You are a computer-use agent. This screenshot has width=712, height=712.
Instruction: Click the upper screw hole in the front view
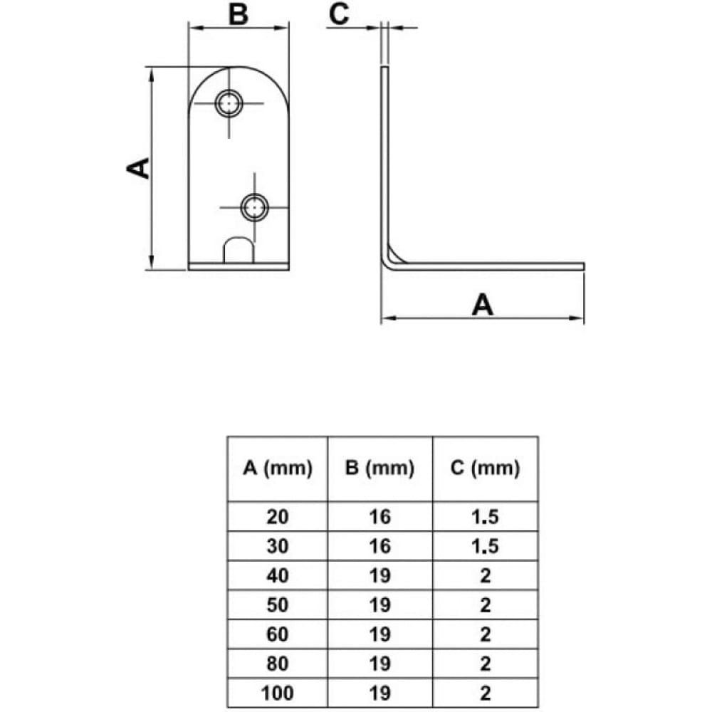click(x=229, y=103)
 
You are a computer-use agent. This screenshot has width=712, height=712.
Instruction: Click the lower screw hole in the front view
click(x=254, y=207)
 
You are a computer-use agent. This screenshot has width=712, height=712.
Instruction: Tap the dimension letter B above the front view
click(x=239, y=14)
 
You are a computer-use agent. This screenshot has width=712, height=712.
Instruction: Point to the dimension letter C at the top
click(x=339, y=14)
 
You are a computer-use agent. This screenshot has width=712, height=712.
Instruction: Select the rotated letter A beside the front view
click(x=138, y=168)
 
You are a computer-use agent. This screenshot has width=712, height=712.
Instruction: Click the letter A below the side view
click(x=482, y=304)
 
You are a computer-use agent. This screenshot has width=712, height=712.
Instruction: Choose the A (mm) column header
click(x=278, y=468)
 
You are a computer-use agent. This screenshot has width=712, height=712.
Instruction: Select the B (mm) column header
click(x=379, y=468)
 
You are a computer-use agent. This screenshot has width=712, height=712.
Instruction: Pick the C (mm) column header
click(x=485, y=468)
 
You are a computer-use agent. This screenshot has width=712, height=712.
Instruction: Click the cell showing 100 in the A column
click(x=278, y=693)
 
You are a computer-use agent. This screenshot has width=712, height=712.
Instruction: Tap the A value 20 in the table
click(x=278, y=517)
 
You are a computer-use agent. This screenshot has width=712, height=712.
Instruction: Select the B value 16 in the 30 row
click(x=379, y=546)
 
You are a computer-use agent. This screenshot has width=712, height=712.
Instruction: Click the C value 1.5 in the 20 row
click(x=485, y=517)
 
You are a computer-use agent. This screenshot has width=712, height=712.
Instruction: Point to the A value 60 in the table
click(x=278, y=634)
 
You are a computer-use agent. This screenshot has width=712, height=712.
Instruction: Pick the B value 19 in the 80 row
click(x=379, y=664)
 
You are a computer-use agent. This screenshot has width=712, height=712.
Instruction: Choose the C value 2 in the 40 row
click(x=485, y=576)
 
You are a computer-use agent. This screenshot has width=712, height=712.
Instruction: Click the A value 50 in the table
click(x=278, y=604)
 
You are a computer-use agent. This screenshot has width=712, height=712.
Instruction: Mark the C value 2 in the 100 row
click(x=485, y=693)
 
